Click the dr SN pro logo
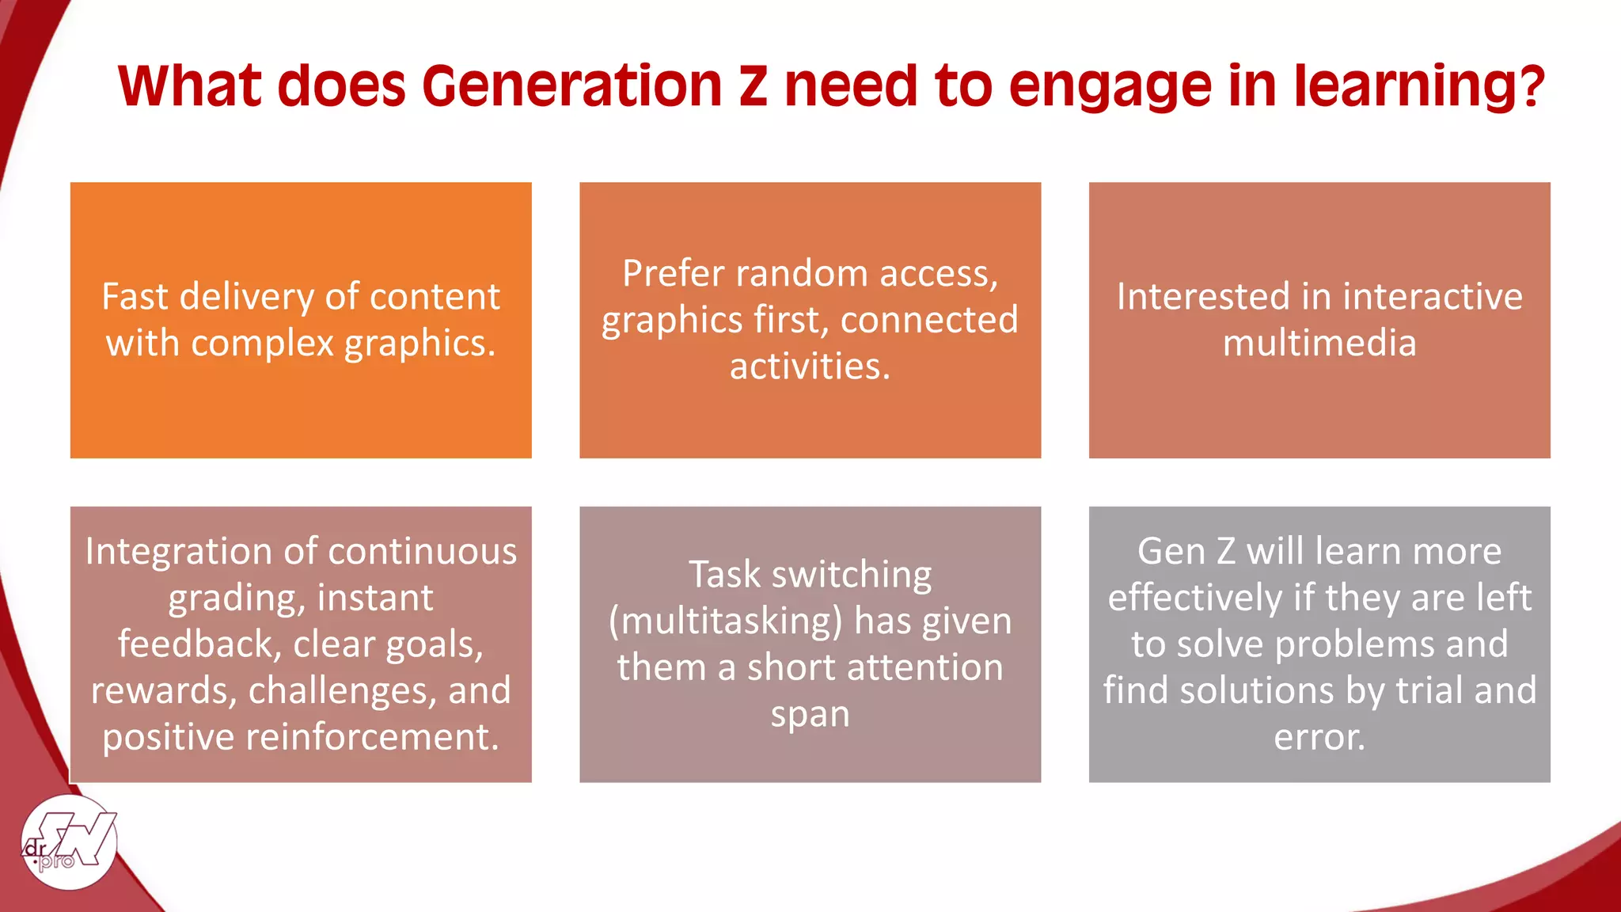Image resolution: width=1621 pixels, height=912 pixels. click(70, 842)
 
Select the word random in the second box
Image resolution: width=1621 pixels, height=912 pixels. click(802, 274)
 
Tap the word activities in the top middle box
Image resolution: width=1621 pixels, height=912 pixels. click(809, 367)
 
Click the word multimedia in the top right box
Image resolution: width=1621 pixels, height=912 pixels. click(1319, 344)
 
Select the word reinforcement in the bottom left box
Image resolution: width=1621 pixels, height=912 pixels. click(372, 738)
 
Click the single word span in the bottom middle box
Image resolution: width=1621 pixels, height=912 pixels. click(810, 715)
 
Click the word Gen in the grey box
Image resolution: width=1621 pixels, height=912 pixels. click(1170, 552)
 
